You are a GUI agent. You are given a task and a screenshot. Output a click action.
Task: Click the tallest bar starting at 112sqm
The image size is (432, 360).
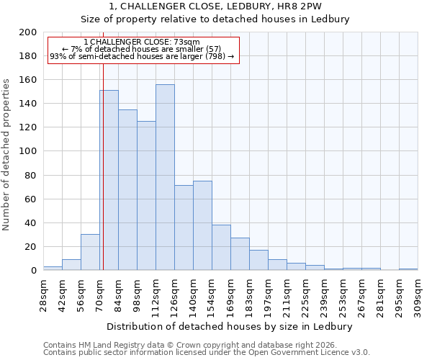165,177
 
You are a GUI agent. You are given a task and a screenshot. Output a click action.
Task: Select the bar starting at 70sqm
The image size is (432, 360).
109,180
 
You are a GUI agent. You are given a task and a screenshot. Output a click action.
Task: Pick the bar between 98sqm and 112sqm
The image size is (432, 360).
146,195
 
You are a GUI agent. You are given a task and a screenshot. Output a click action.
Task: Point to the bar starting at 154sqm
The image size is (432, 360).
221,248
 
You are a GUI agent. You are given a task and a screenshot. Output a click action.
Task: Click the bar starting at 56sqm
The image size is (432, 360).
90,252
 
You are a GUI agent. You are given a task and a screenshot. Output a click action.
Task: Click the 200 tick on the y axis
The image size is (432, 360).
29,32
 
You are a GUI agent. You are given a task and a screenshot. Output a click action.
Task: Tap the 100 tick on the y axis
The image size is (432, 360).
29,151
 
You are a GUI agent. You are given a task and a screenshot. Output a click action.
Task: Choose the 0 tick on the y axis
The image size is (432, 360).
34,271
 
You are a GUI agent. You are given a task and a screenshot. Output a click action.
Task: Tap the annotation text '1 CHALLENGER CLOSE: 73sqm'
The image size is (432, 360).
142,42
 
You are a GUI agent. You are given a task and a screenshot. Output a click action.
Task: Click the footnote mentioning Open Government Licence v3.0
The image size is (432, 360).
206,352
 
